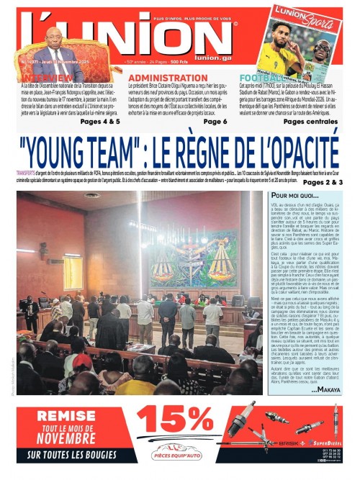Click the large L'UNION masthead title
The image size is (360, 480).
137,40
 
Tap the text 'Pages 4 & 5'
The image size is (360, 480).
100,122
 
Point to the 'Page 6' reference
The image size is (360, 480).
215,122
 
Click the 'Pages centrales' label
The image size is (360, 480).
313,122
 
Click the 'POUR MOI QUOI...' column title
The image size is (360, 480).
295,196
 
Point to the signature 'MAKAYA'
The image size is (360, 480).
327,389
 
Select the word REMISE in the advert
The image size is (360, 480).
66,415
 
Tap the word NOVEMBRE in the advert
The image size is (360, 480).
66,438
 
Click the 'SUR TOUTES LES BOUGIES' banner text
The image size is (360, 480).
66,455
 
